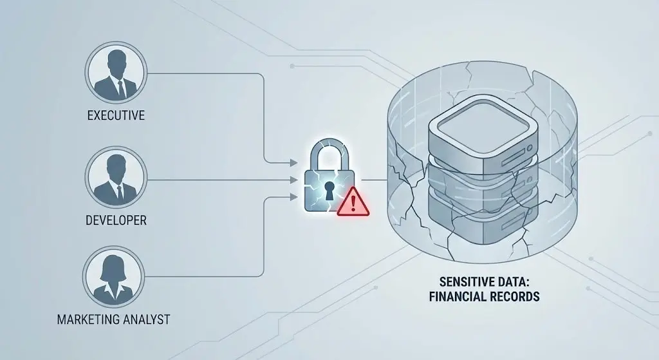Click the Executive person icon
click(x=116, y=72)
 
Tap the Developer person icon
click(x=116, y=177)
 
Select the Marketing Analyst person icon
click(x=113, y=277)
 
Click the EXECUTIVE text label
click(x=116, y=115)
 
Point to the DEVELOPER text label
click(x=116, y=220)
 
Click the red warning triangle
click(x=353, y=202)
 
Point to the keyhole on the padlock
click(x=329, y=191)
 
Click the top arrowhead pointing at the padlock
click(x=294, y=162)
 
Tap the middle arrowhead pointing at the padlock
click(x=294, y=180)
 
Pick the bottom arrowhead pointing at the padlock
click(x=294, y=196)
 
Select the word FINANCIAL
click(x=455, y=296)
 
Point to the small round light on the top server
click(x=530, y=148)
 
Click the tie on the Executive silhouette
click(x=120, y=88)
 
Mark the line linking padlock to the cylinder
click(x=374, y=180)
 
